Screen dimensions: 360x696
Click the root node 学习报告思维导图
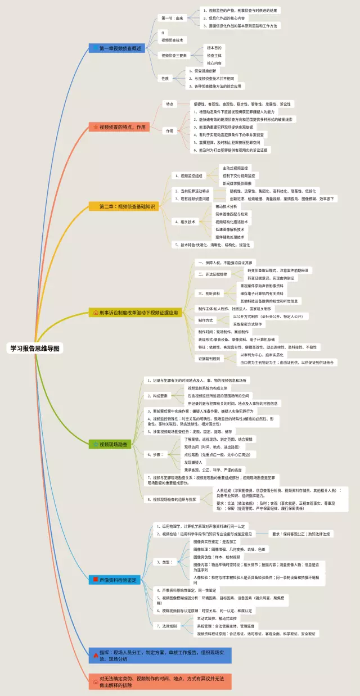point(34,348)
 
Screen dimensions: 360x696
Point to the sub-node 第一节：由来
point(172,19)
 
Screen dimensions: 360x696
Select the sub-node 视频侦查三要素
point(174,56)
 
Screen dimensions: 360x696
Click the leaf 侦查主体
point(214,56)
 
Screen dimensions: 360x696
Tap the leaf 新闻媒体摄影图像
point(238,183)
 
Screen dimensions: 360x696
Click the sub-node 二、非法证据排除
point(212,274)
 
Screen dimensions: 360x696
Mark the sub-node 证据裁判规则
point(208,358)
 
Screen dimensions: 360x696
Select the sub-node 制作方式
point(206,320)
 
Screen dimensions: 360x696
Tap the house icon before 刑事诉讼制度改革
point(95,312)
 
